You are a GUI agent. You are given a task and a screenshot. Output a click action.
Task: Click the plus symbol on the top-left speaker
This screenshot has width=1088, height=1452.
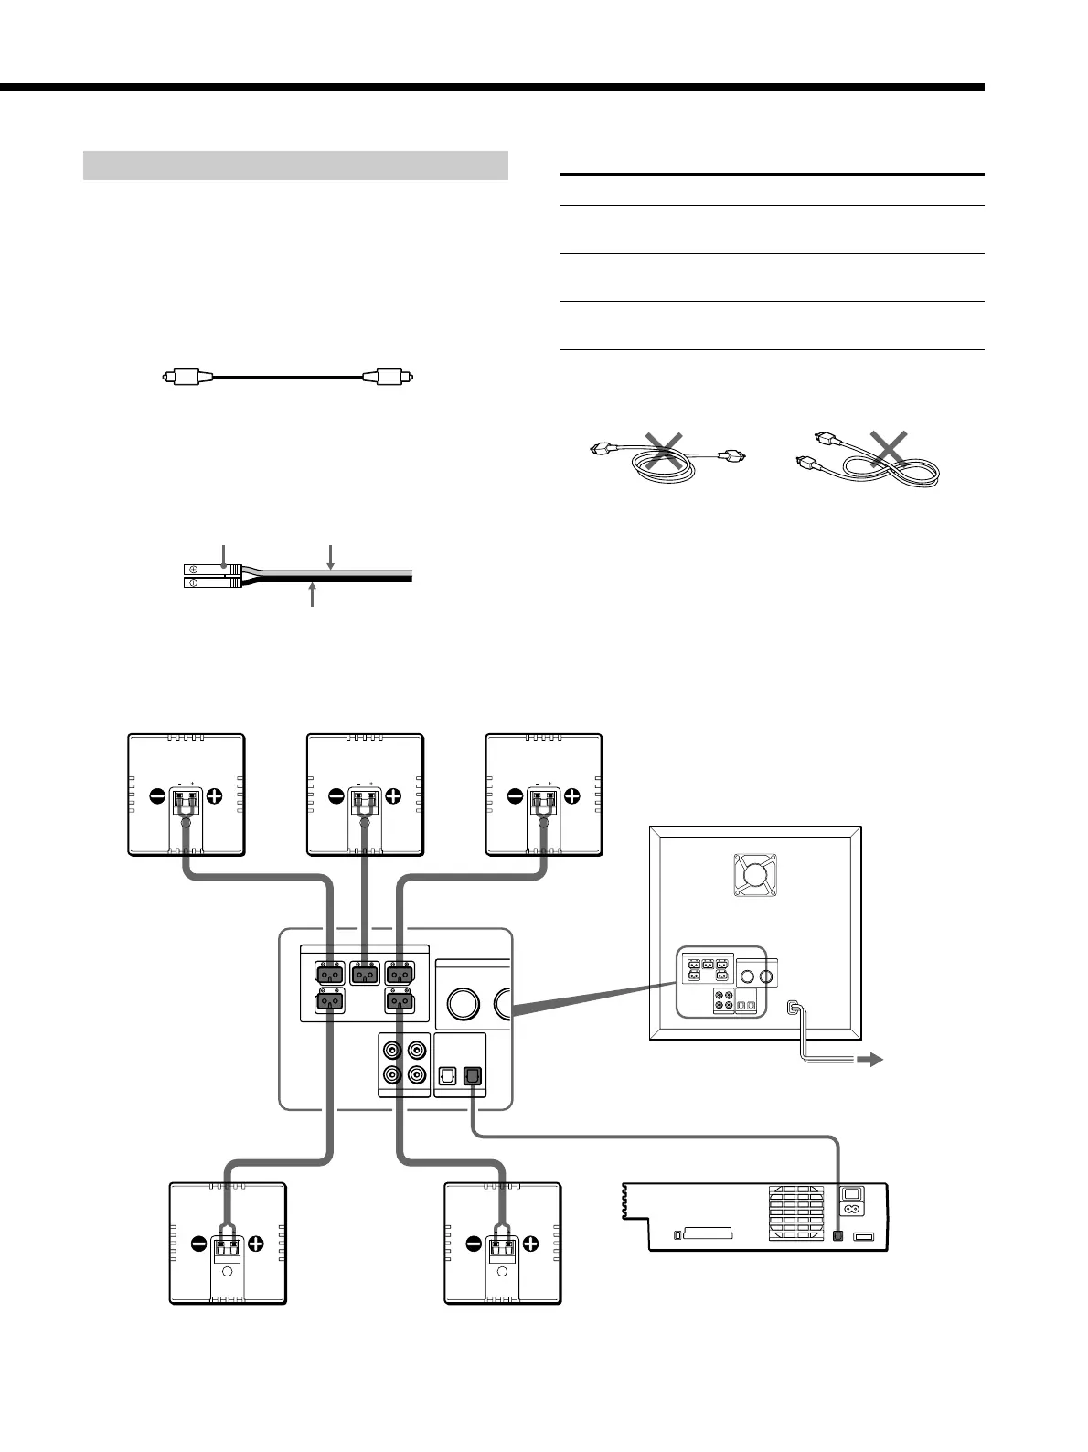tap(215, 795)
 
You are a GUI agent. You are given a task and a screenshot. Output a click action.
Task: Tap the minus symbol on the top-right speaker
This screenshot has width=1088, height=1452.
tap(514, 795)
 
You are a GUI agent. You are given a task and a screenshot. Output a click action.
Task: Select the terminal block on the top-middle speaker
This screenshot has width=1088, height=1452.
tap(366, 803)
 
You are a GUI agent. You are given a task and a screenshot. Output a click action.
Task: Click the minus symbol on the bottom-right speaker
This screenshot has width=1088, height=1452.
tap(474, 1244)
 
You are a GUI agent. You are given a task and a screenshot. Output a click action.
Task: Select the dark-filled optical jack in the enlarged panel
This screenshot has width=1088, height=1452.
tap(472, 1076)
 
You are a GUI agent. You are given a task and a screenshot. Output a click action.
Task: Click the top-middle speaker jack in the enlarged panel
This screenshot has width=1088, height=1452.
tap(366, 974)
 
